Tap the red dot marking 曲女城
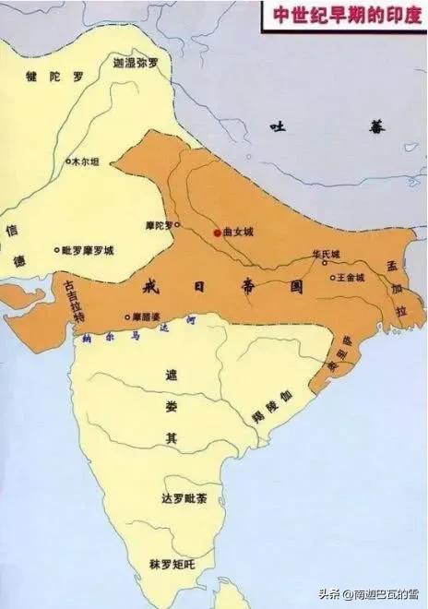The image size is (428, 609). [x=217, y=233]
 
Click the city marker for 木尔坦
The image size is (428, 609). [x=67, y=161]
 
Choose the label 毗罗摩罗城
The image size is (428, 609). [x=57, y=249]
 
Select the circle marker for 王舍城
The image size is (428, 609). [x=334, y=277]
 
